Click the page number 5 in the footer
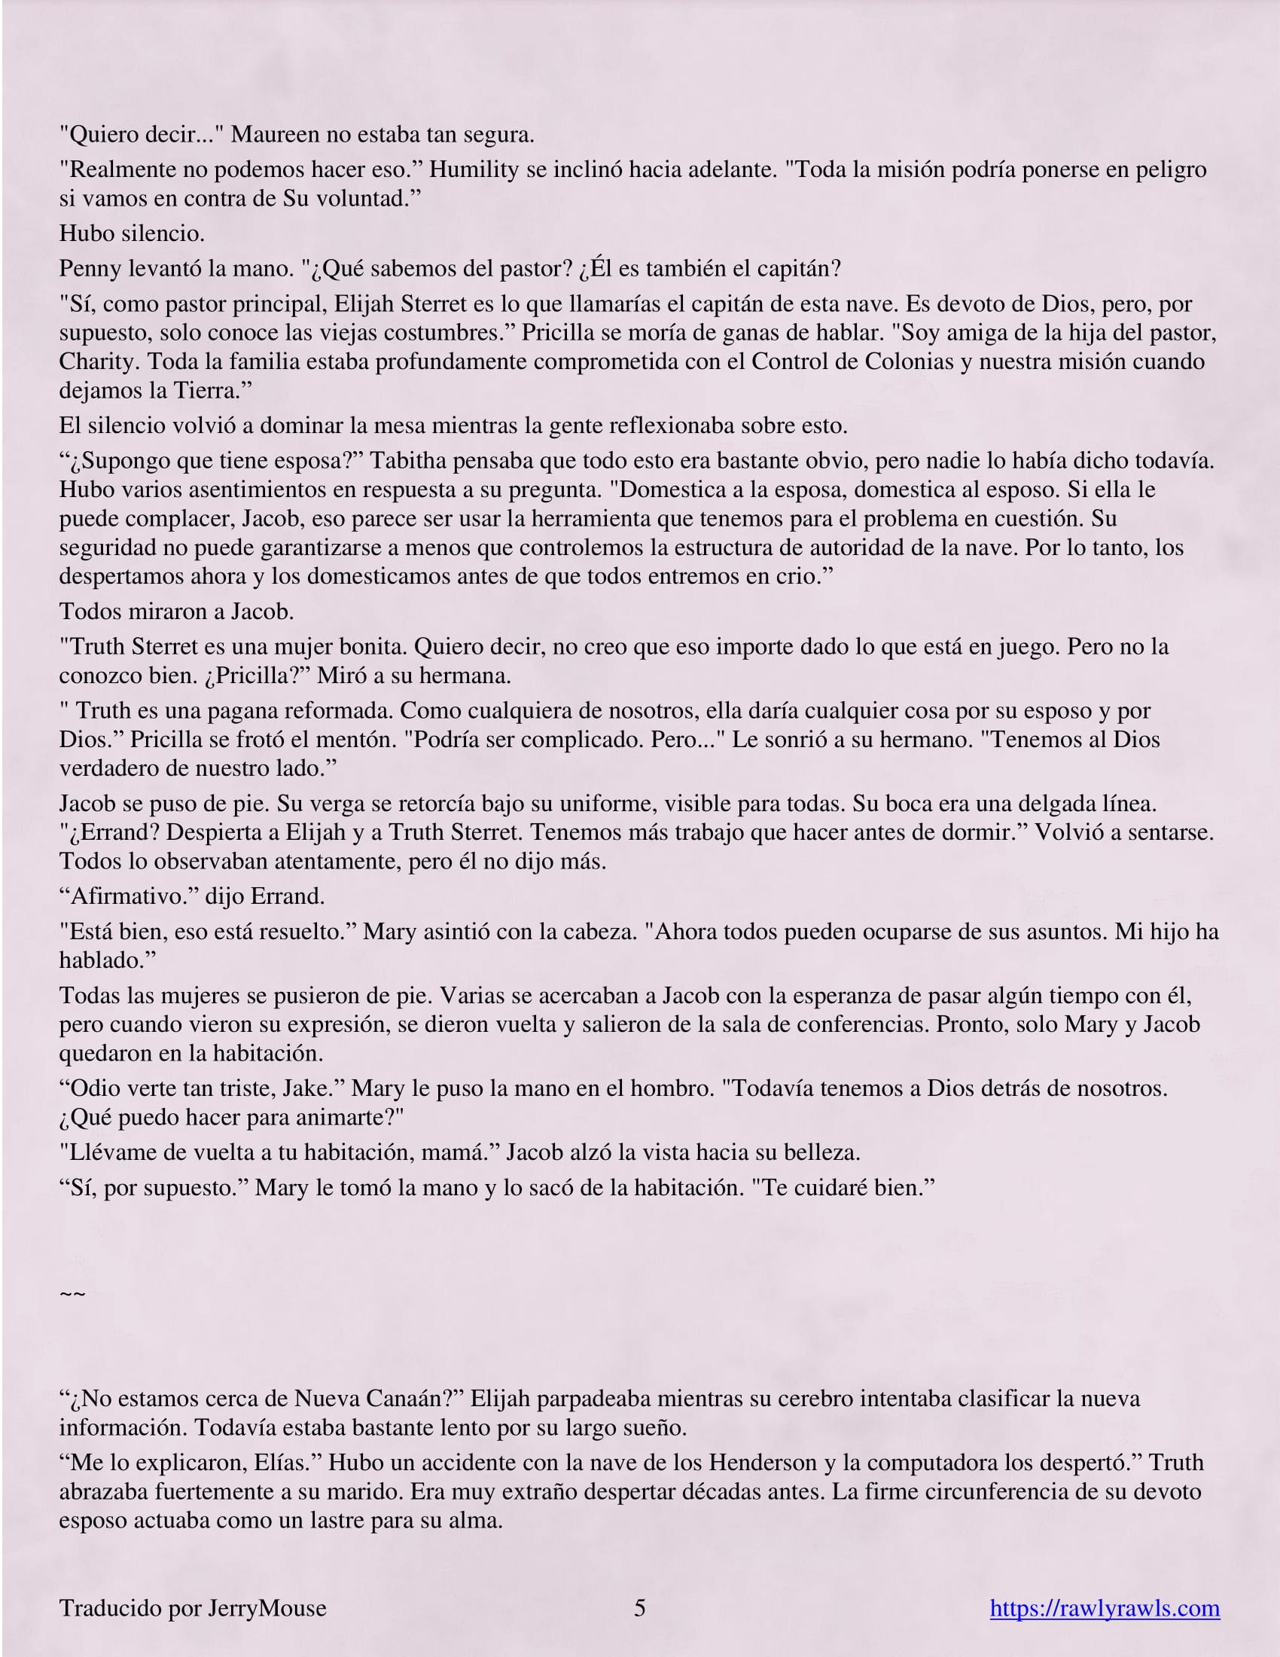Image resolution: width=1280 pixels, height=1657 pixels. (639, 1607)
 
